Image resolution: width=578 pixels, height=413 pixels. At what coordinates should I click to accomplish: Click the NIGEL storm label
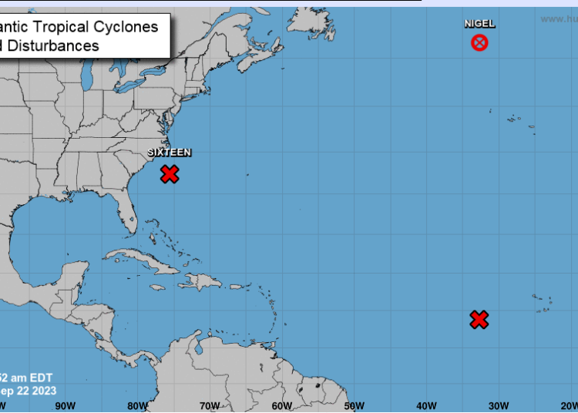pos(479,24)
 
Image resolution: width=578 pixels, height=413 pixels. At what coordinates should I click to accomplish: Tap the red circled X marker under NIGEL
pos(479,42)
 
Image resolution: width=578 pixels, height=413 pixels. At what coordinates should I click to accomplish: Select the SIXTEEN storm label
pos(170,153)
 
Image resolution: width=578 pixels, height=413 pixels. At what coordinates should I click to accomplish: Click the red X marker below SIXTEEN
pos(170,174)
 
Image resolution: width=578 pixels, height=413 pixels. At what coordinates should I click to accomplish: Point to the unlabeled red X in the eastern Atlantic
pos(479,319)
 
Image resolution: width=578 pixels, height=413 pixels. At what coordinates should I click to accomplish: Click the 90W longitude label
pos(65,406)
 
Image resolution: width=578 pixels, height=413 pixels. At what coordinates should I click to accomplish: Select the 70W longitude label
pos(210,406)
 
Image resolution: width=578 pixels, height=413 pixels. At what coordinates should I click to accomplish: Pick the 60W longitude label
pos(282,406)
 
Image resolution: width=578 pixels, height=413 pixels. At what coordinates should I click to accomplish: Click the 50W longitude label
pos(354,406)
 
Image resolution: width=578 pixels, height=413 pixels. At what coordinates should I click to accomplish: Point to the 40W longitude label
pos(426,406)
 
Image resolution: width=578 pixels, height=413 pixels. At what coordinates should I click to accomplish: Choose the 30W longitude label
pos(499,406)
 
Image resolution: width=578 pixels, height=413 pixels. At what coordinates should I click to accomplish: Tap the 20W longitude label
pos(568,406)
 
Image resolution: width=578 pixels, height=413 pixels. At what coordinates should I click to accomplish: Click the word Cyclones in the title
pos(128,27)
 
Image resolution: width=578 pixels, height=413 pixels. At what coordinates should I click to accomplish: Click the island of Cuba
pos(143,259)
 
